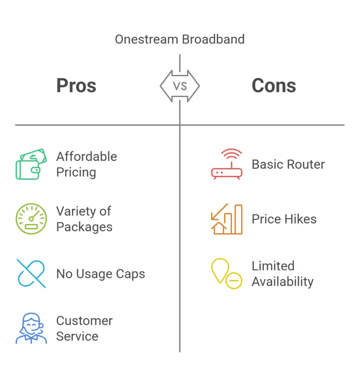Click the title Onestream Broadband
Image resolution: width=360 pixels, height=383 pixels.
(180, 39)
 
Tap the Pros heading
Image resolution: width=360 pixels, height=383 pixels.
(76, 86)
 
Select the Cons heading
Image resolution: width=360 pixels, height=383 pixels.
(274, 86)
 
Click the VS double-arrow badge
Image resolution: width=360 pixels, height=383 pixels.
(180, 86)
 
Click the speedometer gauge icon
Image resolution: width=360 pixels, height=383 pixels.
(31, 219)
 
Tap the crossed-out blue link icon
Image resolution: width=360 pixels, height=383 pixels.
(31, 273)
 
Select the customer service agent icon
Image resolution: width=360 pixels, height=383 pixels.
(31, 328)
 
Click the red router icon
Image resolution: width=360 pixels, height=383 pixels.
(227, 164)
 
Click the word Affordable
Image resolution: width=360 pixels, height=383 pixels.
(86, 156)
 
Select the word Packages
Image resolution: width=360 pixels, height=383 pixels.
(84, 227)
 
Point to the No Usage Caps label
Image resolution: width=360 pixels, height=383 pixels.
(101, 274)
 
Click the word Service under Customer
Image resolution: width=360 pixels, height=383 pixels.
(77, 336)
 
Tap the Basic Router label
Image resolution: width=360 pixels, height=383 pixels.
(288, 164)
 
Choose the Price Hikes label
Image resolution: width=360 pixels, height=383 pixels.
(284, 219)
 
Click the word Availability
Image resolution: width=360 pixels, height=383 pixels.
(283, 281)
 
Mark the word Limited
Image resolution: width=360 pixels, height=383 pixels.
(273, 266)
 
